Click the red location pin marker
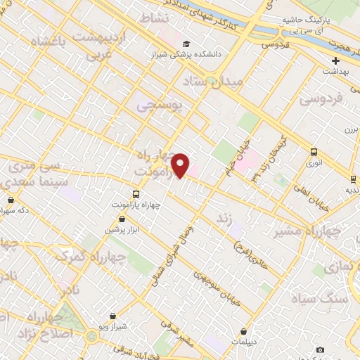(181, 165)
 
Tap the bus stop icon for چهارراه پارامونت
(136, 194)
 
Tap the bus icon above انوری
(313, 152)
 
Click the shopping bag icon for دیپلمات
(243, 331)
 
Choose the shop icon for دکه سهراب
(10, 200)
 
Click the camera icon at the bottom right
(321, 349)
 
